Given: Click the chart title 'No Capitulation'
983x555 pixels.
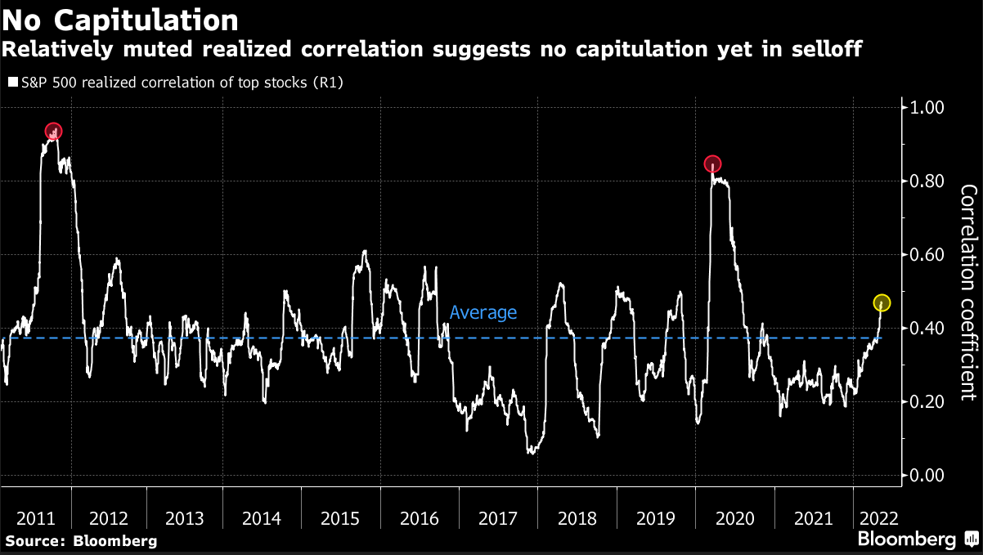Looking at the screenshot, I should click(x=121, y=18).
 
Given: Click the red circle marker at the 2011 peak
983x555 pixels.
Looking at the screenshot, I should click(x=53, y=131).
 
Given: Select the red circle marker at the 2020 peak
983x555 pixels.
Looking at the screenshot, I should click(x=712, y=163).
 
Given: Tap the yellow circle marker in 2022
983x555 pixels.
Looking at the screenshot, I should click(x=882, y=302).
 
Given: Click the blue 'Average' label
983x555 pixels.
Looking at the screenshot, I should click(x=483, y=312).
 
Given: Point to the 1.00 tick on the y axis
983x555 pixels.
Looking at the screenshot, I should click(x=927, y=108).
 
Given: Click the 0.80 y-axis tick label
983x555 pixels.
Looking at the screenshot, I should click(x=927, y=181).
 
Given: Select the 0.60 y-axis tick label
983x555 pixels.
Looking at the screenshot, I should click(x=927, y=255).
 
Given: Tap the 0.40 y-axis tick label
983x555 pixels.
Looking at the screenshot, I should click(x=927, y=329).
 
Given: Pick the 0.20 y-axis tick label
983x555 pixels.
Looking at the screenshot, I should click(x=927, y=402).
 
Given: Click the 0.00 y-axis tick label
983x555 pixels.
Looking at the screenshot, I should click(x=927, y=476).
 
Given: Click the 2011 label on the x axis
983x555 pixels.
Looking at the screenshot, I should click(x=35, y=518).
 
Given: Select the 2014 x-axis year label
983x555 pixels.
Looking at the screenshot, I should click(x=262, y=518).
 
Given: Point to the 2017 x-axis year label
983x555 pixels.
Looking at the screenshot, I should click(x=497, y=518).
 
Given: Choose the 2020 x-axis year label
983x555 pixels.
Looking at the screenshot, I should click(x=733, y=518).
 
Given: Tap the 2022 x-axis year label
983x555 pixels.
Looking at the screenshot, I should click(x=877, y=518).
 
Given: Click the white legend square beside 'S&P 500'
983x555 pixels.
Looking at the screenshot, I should click(x=12, y=83).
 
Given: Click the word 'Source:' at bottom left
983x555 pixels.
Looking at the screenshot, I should click(x=35, y=541).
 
